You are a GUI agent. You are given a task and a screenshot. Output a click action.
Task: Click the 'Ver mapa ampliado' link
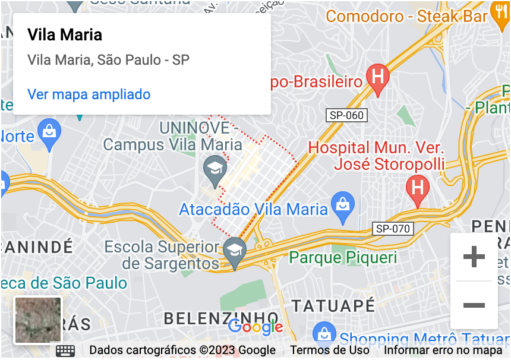pos(89,94)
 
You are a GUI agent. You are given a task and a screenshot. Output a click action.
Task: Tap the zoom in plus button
pos(474,257)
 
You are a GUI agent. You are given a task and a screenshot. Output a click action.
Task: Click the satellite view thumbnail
pos(38,320)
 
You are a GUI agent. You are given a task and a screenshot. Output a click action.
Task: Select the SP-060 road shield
pos(346,115)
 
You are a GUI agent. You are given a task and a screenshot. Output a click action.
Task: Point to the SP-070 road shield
pos(393,229)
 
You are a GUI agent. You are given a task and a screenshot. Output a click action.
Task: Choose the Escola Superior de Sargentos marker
pos(235,251)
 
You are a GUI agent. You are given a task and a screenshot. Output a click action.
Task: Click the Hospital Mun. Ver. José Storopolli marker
pos(417,188)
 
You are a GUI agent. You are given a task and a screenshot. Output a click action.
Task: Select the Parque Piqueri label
pos(343,258)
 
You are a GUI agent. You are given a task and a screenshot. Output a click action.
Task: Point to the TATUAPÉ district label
pos(333,306)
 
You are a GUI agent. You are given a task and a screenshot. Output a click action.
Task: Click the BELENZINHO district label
pos(220,318)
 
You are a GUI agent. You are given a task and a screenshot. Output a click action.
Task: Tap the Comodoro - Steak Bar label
pos(406,16)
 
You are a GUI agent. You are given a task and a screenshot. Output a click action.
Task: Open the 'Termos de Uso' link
pos(329,350)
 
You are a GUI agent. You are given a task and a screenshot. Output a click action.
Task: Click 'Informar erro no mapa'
pos(443,350)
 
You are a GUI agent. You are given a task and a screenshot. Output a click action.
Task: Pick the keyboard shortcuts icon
pos(65,350)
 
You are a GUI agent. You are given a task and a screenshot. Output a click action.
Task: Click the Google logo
pos(255,326)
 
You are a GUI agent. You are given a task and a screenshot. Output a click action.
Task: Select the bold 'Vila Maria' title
pos(65,34)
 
